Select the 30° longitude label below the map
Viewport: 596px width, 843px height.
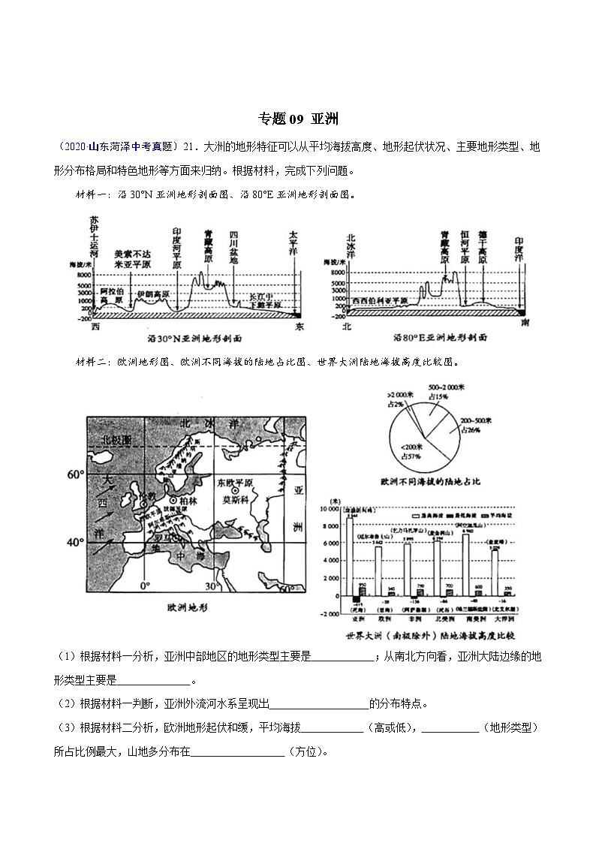(x=212, y=586)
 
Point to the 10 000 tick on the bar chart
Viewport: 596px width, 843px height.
(x=330, y=509)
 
